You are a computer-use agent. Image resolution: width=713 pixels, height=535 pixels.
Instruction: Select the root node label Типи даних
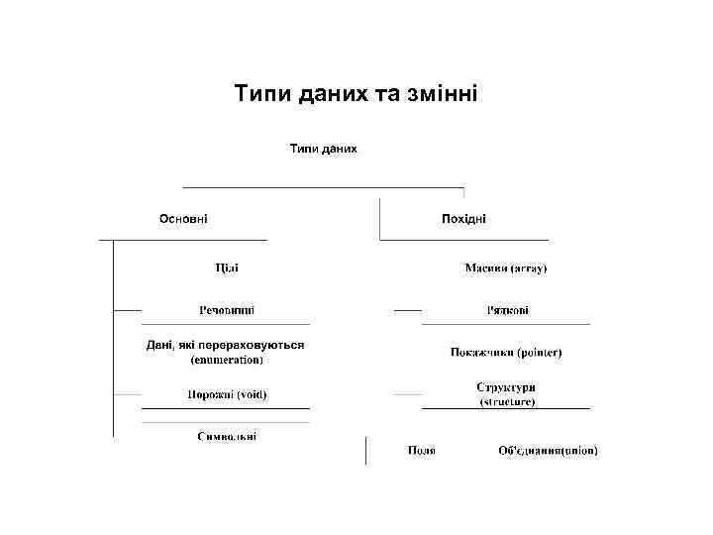tap(323, 149)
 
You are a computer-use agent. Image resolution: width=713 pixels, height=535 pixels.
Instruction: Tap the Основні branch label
tap(184, 219)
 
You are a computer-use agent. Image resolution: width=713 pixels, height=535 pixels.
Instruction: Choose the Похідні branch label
tap(463, 219)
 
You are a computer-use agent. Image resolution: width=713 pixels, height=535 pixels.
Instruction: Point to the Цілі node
tap(227, 267)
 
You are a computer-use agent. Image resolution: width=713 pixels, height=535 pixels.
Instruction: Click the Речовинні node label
tap(227, 310)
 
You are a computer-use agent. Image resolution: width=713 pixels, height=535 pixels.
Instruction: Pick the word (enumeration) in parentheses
tap(227, 360)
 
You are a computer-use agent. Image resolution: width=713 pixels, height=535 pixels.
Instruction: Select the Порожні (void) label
tap(227, 394)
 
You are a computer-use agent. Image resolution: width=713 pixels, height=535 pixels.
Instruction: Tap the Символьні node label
tap(227, 437)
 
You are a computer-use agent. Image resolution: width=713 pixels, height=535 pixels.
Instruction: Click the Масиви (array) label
tap(506, 267)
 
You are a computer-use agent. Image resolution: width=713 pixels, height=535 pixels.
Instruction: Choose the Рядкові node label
tap(507, 310)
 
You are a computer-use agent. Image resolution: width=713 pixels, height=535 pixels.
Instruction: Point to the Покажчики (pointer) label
tap(506, 352)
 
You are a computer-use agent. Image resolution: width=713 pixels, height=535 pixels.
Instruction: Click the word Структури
tap(506, 387)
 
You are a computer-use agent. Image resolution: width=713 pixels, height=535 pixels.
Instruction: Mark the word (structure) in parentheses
tap(507, 402)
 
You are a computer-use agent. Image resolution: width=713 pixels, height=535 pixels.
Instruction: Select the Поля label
tap(422, 451)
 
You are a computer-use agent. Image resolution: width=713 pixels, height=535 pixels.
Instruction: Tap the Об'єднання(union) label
tap(548, 451)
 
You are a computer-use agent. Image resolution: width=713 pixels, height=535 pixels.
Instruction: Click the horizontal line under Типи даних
tap(323, 186)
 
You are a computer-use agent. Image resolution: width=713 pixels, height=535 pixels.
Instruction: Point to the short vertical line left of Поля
tap(366, 450)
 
